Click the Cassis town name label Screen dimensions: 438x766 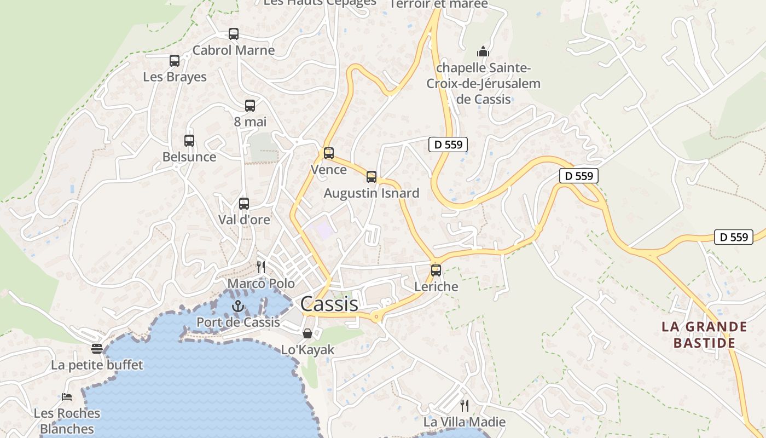(329, 304)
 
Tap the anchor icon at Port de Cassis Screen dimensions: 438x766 (237, 306)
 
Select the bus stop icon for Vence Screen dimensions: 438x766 (328, 153)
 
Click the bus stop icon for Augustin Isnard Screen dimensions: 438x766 (372, 177)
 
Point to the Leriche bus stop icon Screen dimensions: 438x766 (436, 270)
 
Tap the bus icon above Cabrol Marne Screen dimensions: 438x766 (234, 34)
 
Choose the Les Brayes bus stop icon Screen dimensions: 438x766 (175, 61)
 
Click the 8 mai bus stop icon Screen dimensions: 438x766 (250, 106)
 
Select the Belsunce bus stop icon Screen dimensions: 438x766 (189, 141)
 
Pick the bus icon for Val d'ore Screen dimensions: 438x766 (244, 204)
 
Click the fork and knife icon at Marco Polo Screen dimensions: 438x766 (261, 267)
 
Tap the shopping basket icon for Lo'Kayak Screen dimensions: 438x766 (307, 333)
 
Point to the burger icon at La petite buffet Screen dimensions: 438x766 (97, 349)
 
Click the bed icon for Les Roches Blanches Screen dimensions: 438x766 (67, 397)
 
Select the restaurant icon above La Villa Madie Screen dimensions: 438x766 (465, 406)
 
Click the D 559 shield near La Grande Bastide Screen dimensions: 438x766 (734, 237)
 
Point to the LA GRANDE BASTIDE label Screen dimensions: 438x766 (704, 335)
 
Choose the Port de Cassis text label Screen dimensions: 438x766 (238, 322)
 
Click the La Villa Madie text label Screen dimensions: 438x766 (465, 422)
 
